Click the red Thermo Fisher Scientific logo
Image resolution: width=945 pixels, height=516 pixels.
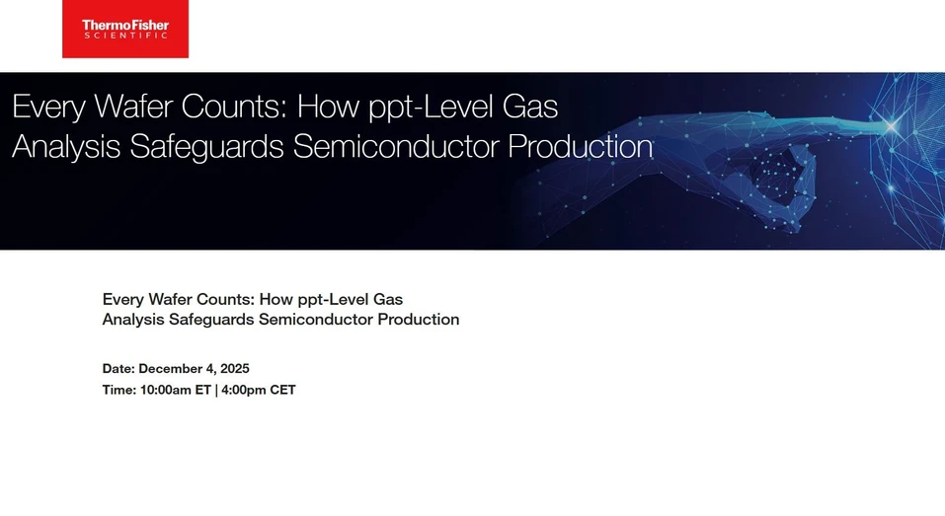click(x=124, y=29)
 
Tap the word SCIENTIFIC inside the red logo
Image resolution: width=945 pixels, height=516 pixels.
click(x=124, y=35)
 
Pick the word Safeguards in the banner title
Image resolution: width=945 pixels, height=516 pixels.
click(x=208, y=146)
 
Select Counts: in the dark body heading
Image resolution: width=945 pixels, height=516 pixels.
click(x=226, y=299)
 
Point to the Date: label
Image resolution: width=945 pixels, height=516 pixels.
click(x=118, y=369)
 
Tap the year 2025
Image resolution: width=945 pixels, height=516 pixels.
click(x=234, y=369)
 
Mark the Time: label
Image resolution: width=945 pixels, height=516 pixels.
click(x=119, y=390)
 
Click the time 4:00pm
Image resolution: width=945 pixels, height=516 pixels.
click(x=243, y=390)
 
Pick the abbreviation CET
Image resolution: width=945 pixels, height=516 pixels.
click(x=282, y=390)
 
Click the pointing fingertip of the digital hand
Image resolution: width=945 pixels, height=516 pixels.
click(x=894, y=125)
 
